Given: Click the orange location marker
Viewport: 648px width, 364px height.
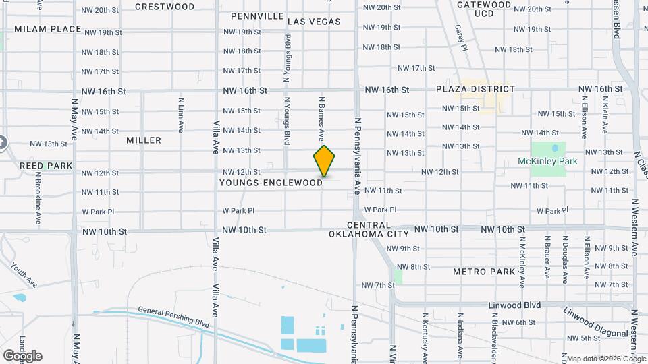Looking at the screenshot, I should point(324,161).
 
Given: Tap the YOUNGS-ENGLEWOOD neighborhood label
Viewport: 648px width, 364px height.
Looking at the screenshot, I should point(271,183).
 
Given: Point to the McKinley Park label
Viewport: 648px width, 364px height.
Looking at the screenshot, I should point(547,162).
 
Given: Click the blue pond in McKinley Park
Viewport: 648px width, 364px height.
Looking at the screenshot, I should point(555,148).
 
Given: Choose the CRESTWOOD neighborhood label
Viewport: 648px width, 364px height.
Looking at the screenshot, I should point(165,7).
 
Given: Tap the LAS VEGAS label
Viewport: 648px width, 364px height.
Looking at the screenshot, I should point(314,22).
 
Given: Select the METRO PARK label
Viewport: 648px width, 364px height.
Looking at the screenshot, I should point(484,272).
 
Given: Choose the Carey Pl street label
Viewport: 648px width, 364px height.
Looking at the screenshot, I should point(460,38).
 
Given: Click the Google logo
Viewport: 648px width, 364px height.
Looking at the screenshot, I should point(22,355).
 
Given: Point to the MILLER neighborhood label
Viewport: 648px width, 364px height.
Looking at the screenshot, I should point(144,140).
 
